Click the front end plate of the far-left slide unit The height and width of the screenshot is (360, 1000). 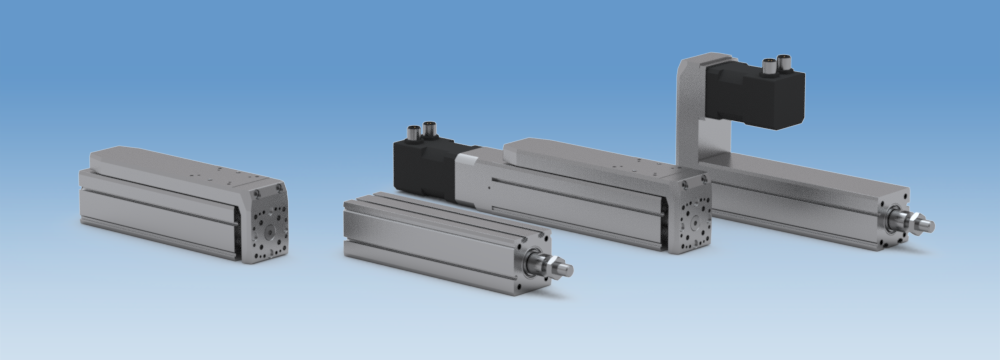(x=266, y=223)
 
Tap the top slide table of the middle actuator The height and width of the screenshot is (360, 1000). (x=590, y=154)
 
